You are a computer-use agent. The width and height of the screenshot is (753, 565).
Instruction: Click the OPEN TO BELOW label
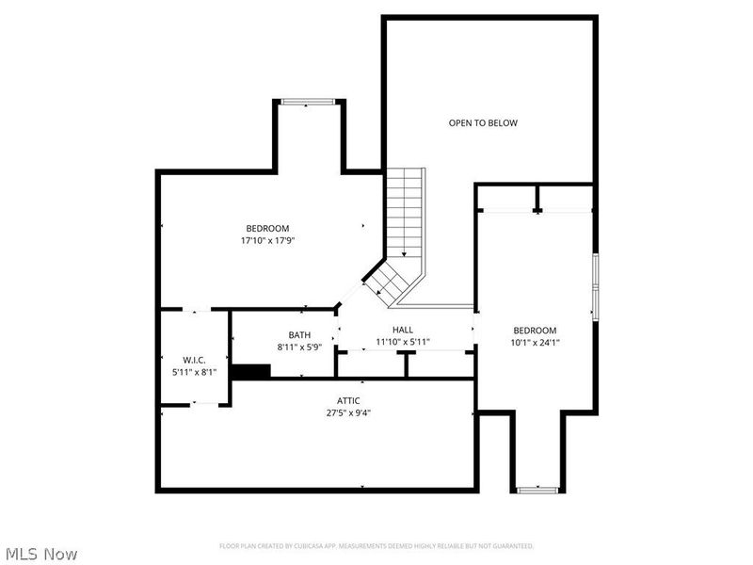pos(483,122)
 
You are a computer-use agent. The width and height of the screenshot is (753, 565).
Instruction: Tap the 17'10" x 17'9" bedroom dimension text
pos(267,240)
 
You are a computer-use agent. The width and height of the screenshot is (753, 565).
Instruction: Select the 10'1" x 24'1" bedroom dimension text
pos(535,343)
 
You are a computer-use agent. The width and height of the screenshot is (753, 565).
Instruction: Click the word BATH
pos(299,334)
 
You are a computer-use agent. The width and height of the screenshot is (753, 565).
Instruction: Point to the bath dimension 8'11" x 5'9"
pos(299,347)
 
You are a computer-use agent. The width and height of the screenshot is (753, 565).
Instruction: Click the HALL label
pos(403,330)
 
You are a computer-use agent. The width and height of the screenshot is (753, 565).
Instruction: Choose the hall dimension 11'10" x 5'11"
pos(403,342)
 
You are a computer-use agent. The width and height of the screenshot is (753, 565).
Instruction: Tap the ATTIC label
pos(349,400)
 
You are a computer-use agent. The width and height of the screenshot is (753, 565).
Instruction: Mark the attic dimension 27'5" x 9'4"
pos(349,412)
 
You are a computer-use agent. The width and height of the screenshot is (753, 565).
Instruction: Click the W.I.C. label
pos(194,360)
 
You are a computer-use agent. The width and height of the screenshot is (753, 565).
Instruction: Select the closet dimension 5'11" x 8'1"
pos(194,372)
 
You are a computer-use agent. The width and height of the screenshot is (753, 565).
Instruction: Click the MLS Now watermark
pos(41,554)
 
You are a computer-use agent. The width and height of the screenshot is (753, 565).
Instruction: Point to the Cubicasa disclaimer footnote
pos(376,546)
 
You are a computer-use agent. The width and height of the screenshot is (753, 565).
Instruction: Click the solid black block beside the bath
pos(250,372)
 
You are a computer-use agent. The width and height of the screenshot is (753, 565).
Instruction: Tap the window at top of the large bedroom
pos(308,101)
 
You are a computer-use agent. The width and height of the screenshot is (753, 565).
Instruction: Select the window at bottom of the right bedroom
pos(538,490)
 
